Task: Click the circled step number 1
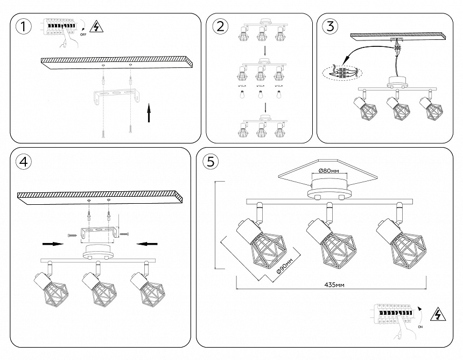(22, 26)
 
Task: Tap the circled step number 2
(219, 26)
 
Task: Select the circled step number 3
(331, 26)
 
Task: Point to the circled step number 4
(22, 161)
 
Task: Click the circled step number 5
(211, 161)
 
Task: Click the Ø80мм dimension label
(328, 171)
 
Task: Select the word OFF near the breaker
(83, 34)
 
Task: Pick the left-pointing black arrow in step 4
(147, 244)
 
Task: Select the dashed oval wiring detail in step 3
(341, 72)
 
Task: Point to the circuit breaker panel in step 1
(60, 26)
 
